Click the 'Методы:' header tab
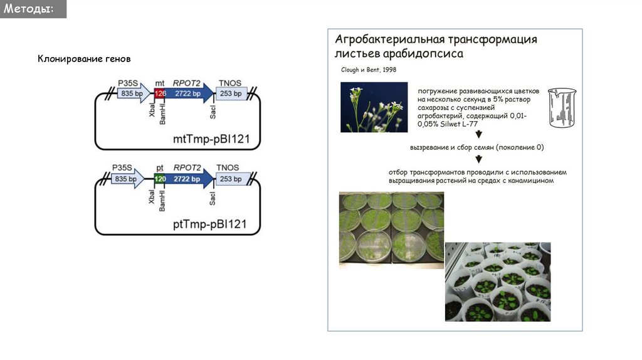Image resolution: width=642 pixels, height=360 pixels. tap(33, 9)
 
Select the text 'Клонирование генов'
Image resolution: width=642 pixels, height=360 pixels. tap(85, 59)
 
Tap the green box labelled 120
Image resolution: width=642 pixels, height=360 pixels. tap(160, 179)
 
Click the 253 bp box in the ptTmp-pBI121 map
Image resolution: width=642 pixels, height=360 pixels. tap(231, 179)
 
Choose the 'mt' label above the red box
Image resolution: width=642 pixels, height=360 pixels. tap(160, 83)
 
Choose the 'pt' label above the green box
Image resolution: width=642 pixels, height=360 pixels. tap(160, 168)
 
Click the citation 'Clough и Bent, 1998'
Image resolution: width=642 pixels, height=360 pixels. tap(369, 70)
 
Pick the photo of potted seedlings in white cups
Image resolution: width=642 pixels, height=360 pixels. tap(497, 282)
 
